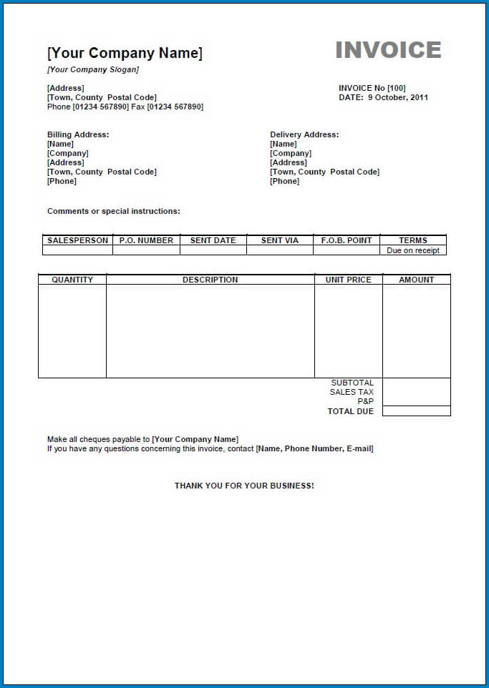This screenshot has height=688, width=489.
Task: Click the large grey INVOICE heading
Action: point(388,50)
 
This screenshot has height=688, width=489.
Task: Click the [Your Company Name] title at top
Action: point(125,53)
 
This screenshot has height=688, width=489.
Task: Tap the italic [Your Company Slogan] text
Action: point(93,70)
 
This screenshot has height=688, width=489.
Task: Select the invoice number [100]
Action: point(397,89)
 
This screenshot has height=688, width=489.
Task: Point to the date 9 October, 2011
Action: point(398,98)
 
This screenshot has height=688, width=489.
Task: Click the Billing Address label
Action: point(78,134)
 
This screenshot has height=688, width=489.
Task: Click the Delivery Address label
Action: point(304,134)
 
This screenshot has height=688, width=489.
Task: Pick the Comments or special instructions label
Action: point(114,212)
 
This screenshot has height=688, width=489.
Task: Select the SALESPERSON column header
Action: point(77,240)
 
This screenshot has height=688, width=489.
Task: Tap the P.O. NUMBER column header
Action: point(146,240)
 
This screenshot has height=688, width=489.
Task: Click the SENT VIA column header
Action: point(279,240)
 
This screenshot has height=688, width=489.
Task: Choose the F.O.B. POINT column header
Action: point(347,240)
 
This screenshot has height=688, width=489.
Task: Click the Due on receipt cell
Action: point(413,251)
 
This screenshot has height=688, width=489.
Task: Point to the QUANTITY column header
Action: point(72,280)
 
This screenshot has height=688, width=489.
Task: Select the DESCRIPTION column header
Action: point(210,280)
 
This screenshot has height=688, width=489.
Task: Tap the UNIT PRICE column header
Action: point(348,280)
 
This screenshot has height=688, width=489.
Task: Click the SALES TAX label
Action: point(352,392)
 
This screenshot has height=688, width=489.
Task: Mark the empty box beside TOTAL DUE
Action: point(416,411)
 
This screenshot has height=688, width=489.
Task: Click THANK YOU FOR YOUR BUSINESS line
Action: point(244,486)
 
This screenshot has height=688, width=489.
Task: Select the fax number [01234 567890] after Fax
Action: point(175,107)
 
